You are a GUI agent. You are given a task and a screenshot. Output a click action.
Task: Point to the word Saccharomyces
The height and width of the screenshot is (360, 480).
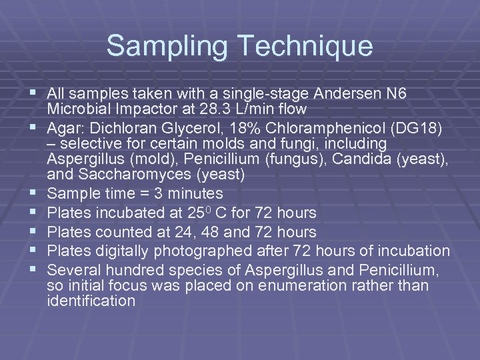(138, 175)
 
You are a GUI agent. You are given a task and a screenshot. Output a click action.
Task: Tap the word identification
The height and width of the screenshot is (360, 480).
(91, 301)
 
